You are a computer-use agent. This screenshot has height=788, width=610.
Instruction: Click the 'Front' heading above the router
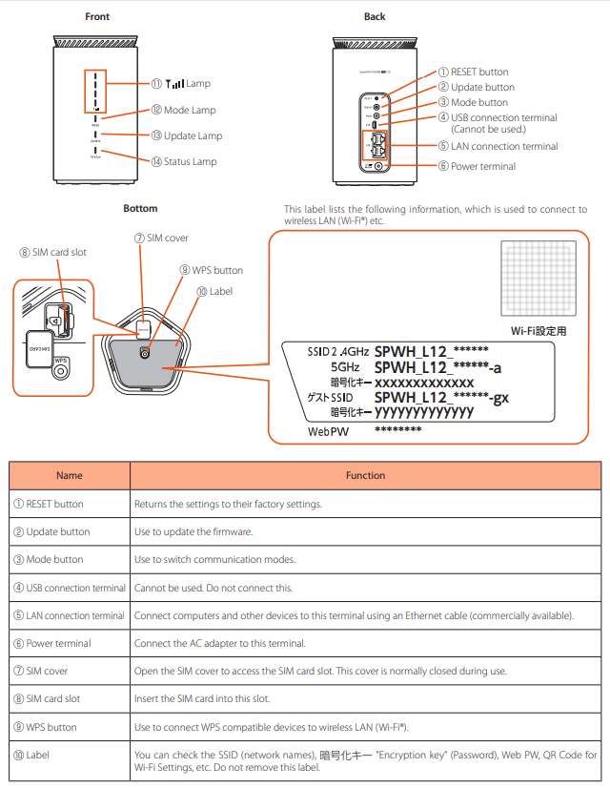point(97,16)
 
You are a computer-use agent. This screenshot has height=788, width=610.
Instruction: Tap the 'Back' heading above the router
point(375,16)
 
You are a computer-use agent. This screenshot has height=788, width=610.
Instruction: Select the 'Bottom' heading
point(140,208)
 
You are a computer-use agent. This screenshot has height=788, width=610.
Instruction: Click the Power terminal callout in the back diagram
point(477,166)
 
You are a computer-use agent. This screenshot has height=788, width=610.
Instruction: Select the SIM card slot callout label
point(52,252)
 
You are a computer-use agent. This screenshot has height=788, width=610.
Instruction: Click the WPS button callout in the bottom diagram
point(211,270)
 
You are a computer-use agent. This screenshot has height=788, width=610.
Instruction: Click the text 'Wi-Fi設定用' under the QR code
point(539,331)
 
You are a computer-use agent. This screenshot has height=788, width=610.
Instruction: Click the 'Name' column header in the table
point(70,475)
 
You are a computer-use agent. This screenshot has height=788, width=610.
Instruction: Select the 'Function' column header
point(365,475)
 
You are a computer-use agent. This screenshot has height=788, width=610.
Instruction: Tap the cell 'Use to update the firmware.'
point(194,531)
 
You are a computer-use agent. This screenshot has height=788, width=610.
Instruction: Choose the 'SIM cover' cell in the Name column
point(47,671)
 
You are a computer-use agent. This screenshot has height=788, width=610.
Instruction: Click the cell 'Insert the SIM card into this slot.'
point(202,699)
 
